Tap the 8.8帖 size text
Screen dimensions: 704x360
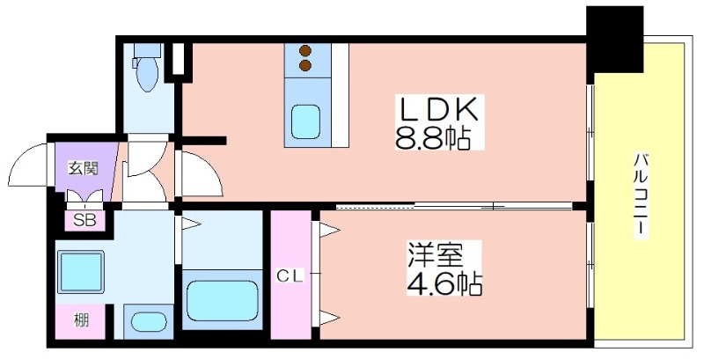(432, 138)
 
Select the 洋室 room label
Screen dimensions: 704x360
(435, 255)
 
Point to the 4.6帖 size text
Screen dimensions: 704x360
(444, 283)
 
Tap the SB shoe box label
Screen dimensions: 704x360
(84, 221)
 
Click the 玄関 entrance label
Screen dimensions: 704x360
(84, 169)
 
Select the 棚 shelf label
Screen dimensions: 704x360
(81, 320)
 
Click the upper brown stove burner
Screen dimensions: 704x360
(305, 51)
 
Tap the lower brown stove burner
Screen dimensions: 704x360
(305, 66)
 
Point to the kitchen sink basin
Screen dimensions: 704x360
(305, 121)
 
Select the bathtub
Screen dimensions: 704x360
(223, 300)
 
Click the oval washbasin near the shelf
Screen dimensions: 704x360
(148, 321)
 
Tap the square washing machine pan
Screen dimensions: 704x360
(80, 271)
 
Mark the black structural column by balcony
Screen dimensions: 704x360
(614, 39)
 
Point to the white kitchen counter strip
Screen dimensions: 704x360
(340, 95)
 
